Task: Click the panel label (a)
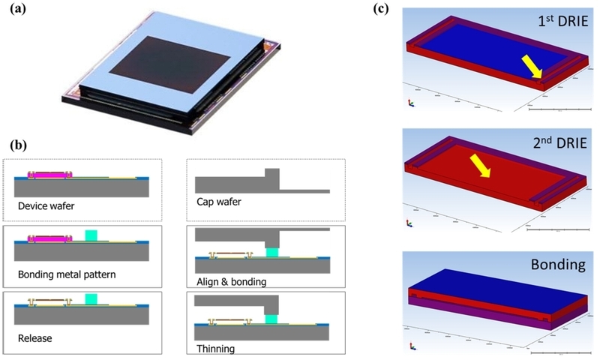click(18, 8)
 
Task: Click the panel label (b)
click(18, 145)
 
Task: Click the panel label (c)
click(381, 8)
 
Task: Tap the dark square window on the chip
click(170, 65)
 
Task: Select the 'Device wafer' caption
click(46, 206)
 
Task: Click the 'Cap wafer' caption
click(219, 202)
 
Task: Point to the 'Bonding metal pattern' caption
click(67, 274)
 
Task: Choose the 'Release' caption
click(34, 338)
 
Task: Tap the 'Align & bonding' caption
click(232, 282)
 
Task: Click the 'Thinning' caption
click(216, 349)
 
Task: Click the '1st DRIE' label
click(563, 21)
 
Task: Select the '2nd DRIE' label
click(559, 142)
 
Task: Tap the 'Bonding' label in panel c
click(558, 264)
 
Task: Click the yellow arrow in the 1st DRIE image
click(532, 66)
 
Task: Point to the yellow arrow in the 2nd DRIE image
click(480, 166)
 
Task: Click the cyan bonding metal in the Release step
click(91, 298)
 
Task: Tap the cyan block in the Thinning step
click(271, 319)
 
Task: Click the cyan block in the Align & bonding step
click(272, 252)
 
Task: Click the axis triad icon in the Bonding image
click(412, 346)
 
